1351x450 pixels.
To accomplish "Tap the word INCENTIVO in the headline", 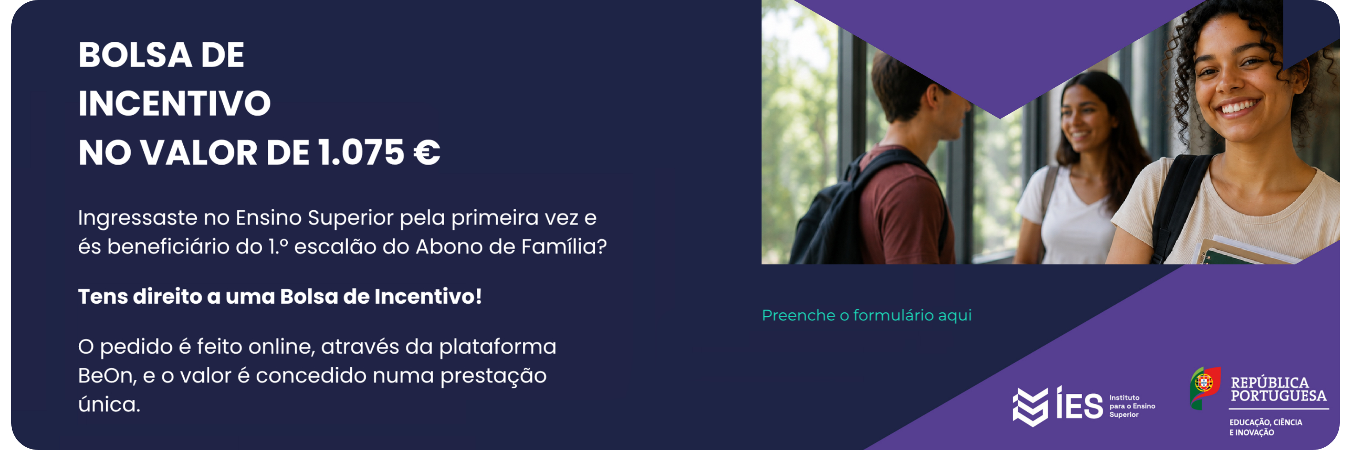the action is click(175, 103).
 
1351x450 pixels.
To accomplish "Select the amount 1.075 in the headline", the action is click(361, 153).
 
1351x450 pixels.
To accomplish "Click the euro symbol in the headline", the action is click(427, 153).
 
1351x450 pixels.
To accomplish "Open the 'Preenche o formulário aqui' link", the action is click(866, 315).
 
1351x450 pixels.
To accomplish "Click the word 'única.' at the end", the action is click(109, 404).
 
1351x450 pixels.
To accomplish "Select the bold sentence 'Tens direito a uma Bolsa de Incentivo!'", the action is click(280, 297).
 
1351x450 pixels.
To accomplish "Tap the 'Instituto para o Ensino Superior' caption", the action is click(1132, 406).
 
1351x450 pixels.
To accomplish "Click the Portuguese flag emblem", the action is click(1205, 387).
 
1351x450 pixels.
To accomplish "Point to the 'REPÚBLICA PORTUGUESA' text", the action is click(1278, 389).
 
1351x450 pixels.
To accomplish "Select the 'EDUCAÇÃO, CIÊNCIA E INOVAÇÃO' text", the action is click(1265, 427).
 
